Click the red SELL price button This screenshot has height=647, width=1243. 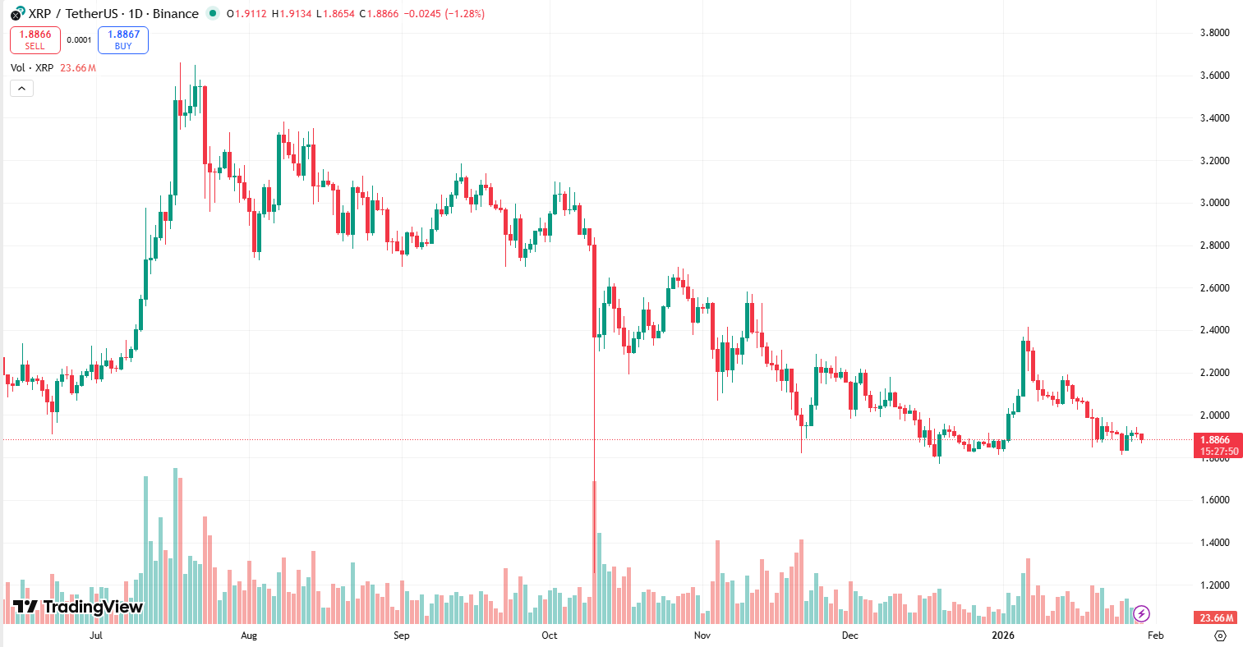[35, 39]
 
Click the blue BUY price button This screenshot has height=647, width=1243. [123, 39]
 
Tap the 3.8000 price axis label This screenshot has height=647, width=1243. [1214, 33]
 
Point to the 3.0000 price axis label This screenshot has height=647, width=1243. [1214, 203]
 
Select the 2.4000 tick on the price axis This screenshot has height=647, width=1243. [1214, 330]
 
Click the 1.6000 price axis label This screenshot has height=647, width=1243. [1214, 500]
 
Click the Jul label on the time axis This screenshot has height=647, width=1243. [96, 636]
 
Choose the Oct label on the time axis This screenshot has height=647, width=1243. [550, 636]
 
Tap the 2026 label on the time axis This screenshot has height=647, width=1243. [1002, 636]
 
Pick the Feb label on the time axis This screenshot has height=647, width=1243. [1155, 636]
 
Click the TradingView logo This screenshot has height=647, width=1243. [78, 607]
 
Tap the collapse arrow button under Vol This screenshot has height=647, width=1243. [21, 89]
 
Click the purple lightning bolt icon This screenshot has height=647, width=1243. [1141, 613]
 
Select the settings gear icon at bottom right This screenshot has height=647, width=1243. [1220, 636]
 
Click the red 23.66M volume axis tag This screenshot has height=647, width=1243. [1217, 617]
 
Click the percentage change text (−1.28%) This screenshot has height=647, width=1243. [464, 14]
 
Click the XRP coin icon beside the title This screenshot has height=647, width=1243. [17, 14]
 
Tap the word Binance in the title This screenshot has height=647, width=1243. [176, 14]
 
